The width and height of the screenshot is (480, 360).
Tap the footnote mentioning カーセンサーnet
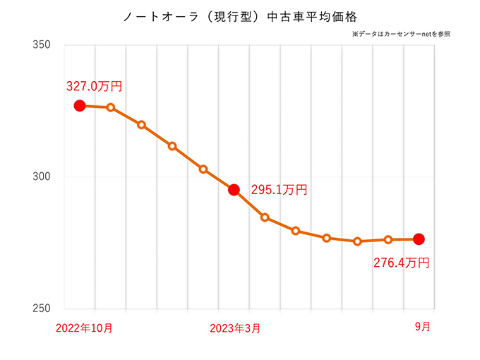pos(400,33)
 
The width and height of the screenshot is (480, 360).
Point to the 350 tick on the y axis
pos(42,45)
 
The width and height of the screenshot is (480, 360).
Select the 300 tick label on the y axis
pos(42,177)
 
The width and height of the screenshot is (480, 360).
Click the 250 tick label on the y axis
pos(42,309)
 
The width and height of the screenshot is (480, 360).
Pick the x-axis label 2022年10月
pos(83,328)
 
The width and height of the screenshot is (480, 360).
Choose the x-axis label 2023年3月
pos(236,328)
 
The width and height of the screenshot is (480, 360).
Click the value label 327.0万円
pos(94,87)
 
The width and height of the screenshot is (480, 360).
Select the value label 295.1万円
pos(279,190)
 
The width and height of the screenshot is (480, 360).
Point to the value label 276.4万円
pos(401,263)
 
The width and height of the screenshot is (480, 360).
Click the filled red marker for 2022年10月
pos(80,106)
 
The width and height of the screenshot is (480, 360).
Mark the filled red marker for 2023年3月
pos(234,189)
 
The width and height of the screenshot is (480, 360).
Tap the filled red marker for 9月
pos(419,239)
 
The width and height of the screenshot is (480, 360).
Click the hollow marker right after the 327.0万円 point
pos(111,107)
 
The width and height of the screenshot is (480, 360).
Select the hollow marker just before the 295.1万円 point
pos(203,169)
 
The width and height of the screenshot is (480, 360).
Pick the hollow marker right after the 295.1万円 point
pos(265,217)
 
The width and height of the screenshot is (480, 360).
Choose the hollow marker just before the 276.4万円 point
pos(388,240)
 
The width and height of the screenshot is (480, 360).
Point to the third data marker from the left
pos(141,125)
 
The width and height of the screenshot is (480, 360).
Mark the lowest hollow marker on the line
pos(357,241)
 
